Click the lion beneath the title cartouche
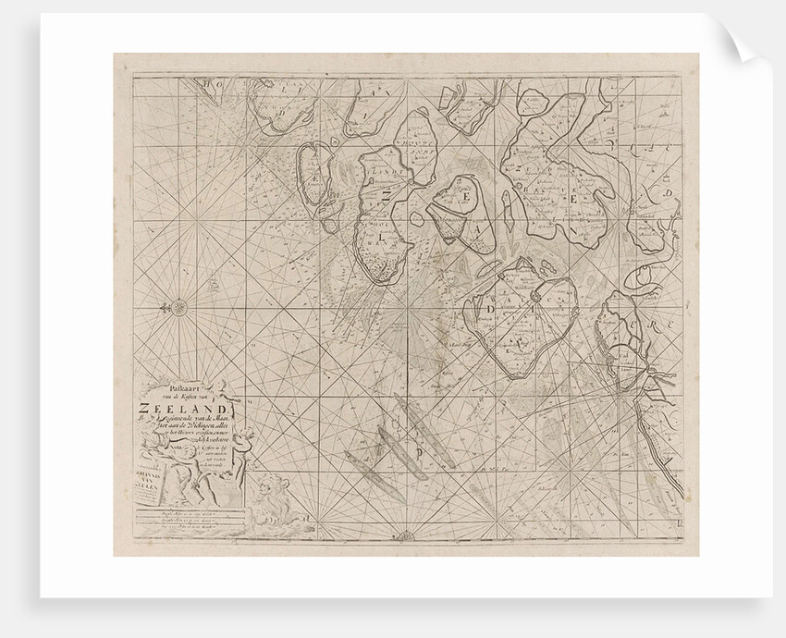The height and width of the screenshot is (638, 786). tap(267, 499)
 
